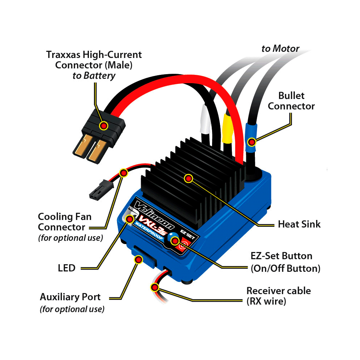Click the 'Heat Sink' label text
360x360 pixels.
point(299,224)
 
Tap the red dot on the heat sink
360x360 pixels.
point(188,178)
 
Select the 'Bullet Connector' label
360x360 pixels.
point(291,101)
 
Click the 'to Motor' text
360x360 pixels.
point(280,48)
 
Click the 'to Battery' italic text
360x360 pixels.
point(94,76)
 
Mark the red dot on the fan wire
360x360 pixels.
point(123,173)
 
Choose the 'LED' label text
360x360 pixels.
point(67,268)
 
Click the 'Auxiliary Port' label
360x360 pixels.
point(70,297)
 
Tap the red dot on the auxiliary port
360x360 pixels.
point(138,259)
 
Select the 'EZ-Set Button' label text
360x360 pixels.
point(282,256)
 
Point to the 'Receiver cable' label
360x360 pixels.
point(278,291)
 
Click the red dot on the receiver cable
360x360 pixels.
point(155,287)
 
